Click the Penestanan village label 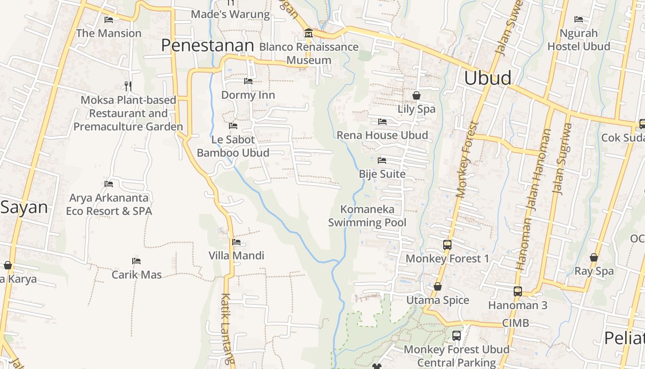coord(207,46)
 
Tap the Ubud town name coord(487,78)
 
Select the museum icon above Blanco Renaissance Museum coord(308,33)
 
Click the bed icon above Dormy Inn coord(248,81)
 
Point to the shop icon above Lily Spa coord(416,95)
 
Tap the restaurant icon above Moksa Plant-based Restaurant coord(128,86)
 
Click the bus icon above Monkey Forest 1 coord(447,245)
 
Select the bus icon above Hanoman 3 coord(518,292)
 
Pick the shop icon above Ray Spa coord(594,257)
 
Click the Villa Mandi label coord(236,256)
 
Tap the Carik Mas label coord(137,275)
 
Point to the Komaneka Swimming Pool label coord(367,216)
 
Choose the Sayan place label coord(24,208)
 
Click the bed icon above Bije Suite coord(382,161)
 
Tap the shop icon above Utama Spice coord(438,287)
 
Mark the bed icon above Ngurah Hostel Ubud coord(579,19)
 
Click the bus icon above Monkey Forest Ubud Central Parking coord(457,336)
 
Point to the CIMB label coord(516,323)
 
